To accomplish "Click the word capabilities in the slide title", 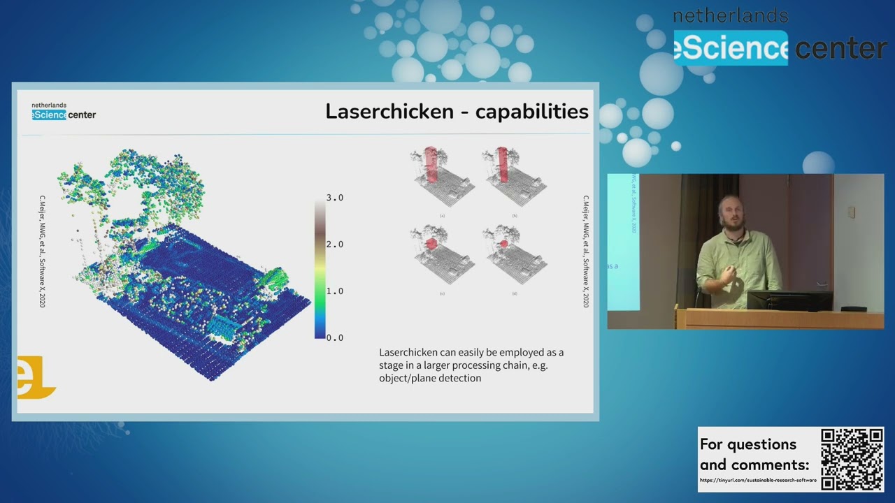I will (531, 111).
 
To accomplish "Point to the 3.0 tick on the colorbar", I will (334, 198).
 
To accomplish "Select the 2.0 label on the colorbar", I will (334, 245).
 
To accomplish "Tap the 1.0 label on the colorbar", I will (334, 291).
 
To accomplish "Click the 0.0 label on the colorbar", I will (334, 337).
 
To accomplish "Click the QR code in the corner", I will (852, 459).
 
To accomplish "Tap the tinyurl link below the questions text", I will (758, 480).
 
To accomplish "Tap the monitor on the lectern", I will (789, 300).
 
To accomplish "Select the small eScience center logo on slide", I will (63, 111).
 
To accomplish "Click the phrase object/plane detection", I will (430, 378).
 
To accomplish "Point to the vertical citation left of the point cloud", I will (42, 251).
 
